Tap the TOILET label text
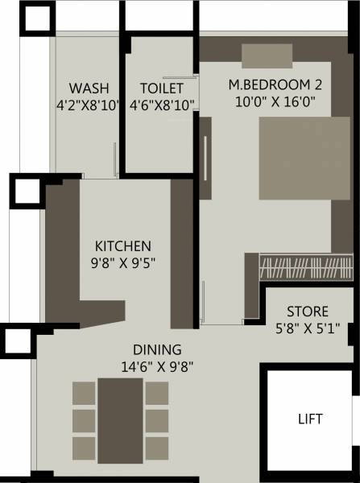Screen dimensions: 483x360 [161, 88]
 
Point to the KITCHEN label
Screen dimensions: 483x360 [123, 246]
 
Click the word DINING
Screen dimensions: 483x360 [158, 349]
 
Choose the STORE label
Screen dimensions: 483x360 [307, 312]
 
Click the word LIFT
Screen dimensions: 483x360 [309, 419]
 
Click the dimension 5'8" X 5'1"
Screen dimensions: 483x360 [307, 327]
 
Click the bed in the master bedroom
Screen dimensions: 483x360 [294, 158]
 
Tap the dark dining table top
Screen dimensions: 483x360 [120, 419]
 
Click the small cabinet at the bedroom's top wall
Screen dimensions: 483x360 [267, 54]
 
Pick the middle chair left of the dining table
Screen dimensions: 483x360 [84, 419]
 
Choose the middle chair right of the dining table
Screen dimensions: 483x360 [157, 419]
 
